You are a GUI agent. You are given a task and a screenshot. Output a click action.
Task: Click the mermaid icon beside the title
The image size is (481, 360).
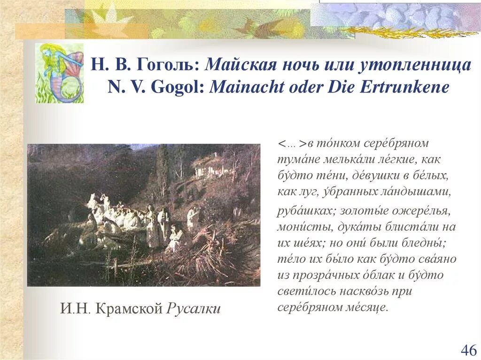pos(60,73)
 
